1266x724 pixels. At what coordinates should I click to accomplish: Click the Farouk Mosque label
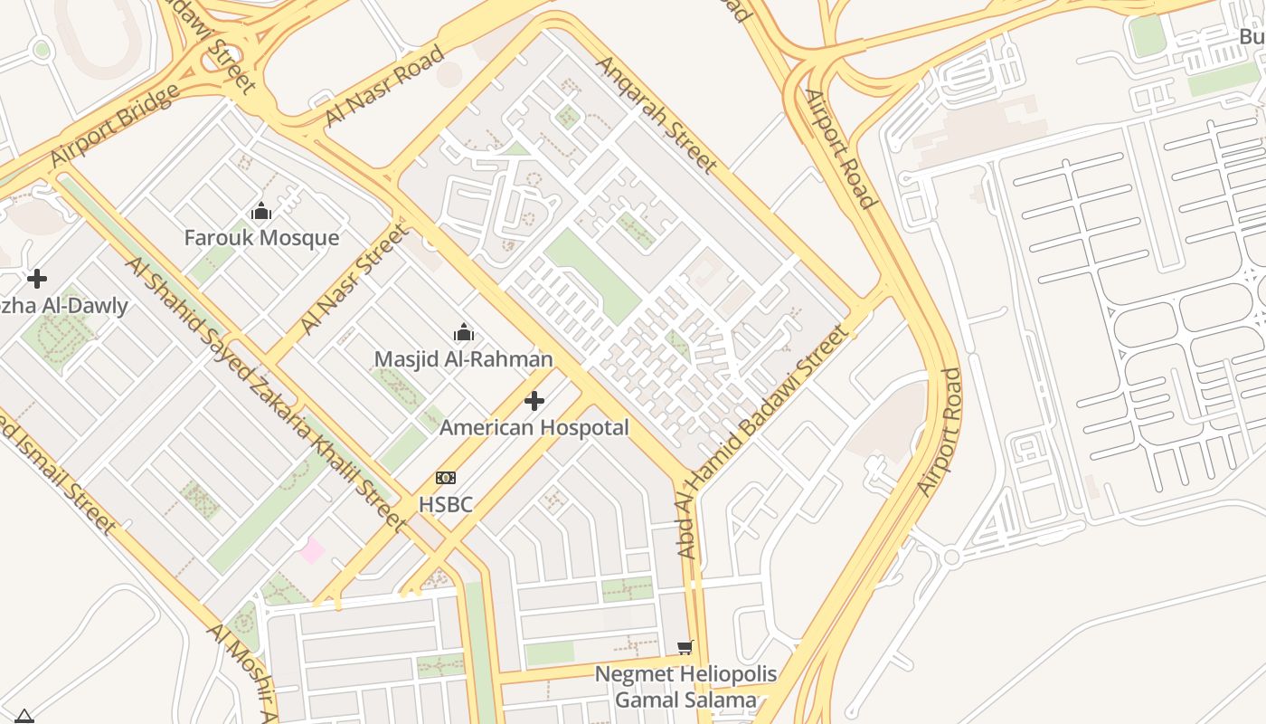[261, 238]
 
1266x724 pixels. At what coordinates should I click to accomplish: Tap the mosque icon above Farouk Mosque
[261, 212]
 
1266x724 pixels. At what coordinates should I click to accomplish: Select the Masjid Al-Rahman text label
[463, 359]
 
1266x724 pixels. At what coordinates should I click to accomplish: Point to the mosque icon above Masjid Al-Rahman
[464, 332]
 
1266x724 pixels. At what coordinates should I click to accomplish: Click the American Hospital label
[534, 427]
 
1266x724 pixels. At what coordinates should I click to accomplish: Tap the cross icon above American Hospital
[534, 400]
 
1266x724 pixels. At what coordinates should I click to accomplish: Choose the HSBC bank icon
[446, 478]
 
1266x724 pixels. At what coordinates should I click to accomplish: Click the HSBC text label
[446, 504]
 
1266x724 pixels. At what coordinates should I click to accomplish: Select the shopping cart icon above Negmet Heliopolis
[685, 647]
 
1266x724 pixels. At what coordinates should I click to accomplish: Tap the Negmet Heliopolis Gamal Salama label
[685, 687]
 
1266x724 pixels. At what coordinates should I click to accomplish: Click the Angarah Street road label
[657, 114]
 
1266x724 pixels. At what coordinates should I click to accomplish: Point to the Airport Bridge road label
[115, 126]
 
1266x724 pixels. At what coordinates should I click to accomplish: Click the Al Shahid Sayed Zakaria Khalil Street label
[266, 393]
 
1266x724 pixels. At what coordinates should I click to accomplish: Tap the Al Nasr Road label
[384, 86]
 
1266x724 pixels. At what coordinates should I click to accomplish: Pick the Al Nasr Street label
[354, 279]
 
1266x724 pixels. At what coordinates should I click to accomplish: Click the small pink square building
[312, 550]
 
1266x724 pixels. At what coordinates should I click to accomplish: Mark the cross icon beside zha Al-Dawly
[37, 278]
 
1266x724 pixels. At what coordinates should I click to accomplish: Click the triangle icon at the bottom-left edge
[24, 717]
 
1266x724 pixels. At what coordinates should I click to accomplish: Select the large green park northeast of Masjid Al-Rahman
[592, 275]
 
